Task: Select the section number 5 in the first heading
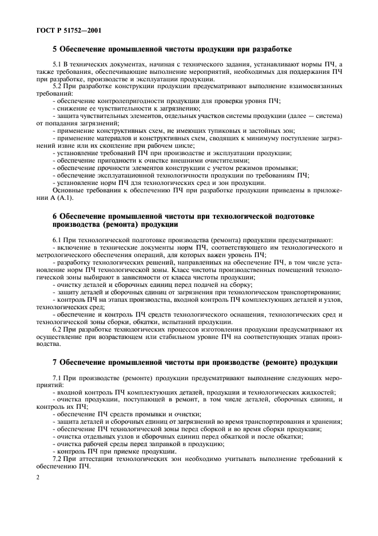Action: (x=55, y=49)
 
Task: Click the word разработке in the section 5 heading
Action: (x=272, y=49)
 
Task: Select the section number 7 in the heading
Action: (x=55, y=364)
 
